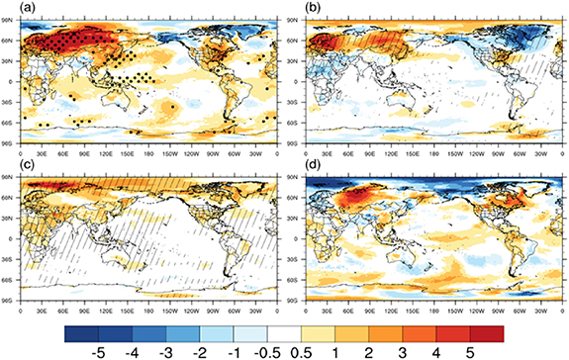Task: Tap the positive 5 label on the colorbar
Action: click(468, 350)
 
